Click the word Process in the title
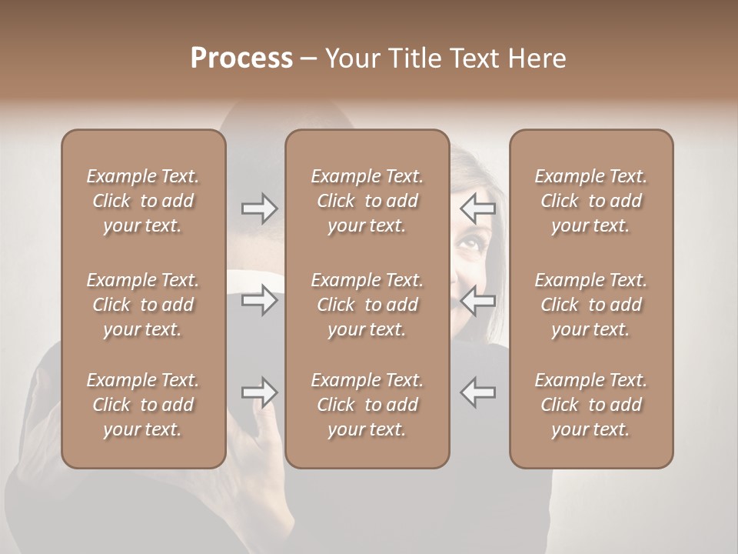(241, 58)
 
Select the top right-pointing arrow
(259, 208)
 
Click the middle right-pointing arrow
(259, 299)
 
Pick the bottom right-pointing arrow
(259, 392)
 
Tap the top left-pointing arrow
(478, 208)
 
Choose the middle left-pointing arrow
(478, 299)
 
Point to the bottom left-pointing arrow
(478, 392)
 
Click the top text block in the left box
(143, 201)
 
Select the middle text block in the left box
(143, 305)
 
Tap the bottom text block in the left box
(143, 405)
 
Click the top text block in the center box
(367, 201)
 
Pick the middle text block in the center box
(367, 305)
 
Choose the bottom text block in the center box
(367, 405)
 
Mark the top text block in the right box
(591, 201)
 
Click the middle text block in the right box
(591, 305)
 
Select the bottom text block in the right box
(591, 405)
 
